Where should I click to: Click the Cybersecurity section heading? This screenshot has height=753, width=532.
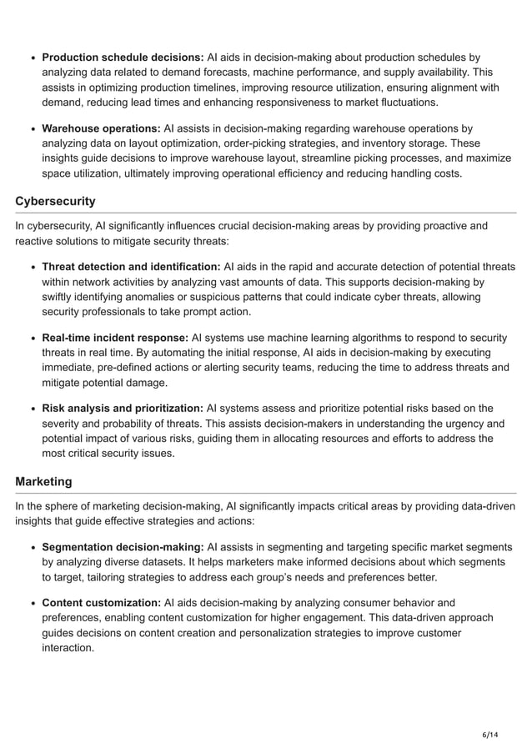tap(55, 201)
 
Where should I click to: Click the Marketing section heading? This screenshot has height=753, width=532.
tap(43, 481)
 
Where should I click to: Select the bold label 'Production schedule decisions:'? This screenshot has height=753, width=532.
tap(123, 58)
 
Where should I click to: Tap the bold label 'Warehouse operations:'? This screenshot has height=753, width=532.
tap(101, 128)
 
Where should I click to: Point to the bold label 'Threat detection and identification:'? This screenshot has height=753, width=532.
tap(131, 267)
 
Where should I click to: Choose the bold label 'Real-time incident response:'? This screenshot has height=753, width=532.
tap(115, 338)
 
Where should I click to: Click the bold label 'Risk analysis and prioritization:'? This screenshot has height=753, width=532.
tap(123, 409)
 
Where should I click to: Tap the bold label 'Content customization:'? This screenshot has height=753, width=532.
tap(101, 602)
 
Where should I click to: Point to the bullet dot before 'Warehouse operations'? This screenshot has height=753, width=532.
tap(33, 129)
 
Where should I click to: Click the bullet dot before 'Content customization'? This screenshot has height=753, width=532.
tap(33, 603)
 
